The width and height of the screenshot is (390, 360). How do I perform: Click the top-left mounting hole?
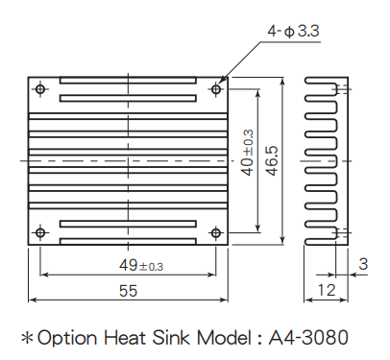click(x=40, y=89)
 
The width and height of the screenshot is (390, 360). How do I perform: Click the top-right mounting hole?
click(x=216, y=89)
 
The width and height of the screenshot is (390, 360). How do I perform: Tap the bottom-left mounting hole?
click(x=40, y=232)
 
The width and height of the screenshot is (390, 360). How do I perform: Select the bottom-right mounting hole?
click(x=216, y=232)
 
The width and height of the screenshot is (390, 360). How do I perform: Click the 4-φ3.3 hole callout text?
click(x=293, y=32)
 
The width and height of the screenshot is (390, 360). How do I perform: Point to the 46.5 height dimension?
click(x=272, y=161)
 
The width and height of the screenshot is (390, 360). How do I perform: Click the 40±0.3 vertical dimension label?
click(x=247, y=153)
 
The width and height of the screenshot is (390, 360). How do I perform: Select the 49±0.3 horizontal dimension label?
click(x=141, y=265)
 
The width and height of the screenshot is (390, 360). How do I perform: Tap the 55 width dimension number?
click(x=128, y=291)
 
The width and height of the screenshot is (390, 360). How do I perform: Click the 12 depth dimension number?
click(x=327, y=290)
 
